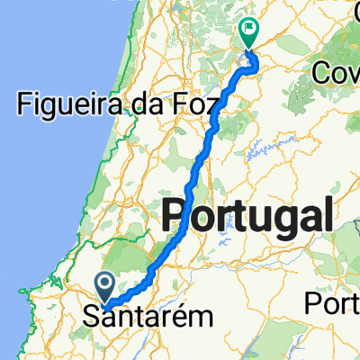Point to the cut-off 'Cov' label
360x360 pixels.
click(x=336, y=73)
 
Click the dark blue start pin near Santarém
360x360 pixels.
click(x=105, y=289)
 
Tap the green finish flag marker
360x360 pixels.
click(x=248, y=31)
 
